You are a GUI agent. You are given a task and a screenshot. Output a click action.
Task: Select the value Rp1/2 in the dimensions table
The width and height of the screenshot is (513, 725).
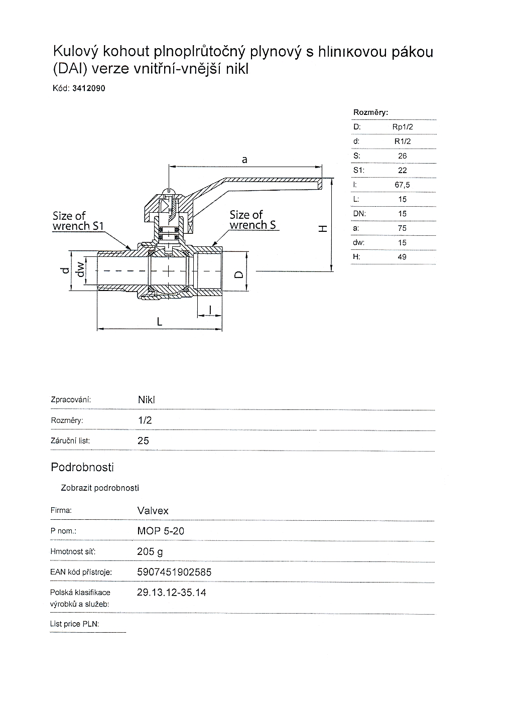[x=402, y=127]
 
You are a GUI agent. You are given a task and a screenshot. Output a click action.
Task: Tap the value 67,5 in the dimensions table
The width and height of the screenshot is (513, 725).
[x=402, y=185]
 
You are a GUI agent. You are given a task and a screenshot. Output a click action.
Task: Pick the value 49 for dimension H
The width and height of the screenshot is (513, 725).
[x=402, y=257]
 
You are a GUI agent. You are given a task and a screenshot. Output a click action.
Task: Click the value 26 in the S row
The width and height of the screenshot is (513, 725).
[x=402, y=156]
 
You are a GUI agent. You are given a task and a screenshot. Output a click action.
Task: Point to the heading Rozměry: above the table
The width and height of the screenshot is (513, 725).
[x=371, y=112]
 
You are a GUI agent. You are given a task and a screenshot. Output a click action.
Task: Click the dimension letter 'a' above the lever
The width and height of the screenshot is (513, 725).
[x=244, y=160]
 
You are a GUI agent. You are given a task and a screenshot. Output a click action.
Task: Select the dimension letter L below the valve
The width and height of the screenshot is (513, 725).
[x=160, y=321]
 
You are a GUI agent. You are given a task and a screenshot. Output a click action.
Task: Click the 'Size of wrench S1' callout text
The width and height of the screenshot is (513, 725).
[x=78, y=221]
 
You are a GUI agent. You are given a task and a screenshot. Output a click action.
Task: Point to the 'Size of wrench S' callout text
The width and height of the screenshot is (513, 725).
[x=252, y=220]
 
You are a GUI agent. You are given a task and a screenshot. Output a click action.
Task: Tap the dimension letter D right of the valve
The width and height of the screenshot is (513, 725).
[x=239, y=274]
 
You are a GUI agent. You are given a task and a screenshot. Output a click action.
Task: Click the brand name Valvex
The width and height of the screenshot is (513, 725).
[x=153, y=511]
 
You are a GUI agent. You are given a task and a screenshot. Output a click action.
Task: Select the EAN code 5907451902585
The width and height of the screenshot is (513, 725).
[x=174, y=572]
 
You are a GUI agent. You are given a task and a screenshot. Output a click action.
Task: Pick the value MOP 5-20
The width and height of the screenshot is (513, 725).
[x=161, y=531]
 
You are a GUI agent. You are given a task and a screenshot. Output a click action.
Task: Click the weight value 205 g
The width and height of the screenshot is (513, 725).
[x=150, y=552]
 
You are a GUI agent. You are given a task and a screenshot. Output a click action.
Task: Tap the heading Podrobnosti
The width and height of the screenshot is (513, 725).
[x=82, y=467]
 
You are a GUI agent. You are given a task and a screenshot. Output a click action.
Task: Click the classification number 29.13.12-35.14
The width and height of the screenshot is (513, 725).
[x=171, y=593]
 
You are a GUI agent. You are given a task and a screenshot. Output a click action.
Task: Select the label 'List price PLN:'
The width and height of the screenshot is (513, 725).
[x=75, y=624]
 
